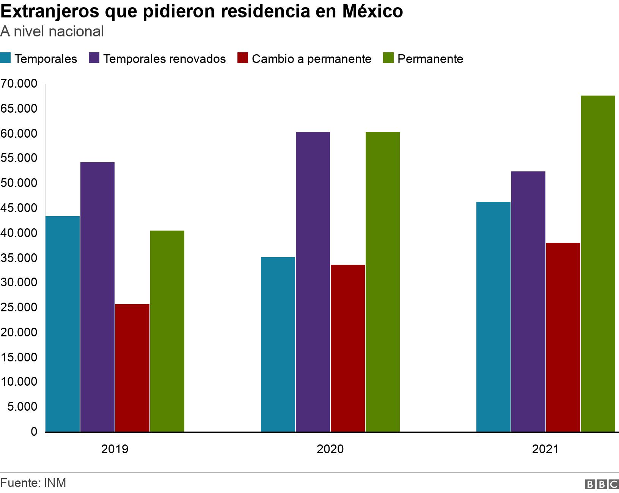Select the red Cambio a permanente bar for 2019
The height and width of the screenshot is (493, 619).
(132, 368)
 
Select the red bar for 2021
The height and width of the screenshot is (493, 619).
(563, 337)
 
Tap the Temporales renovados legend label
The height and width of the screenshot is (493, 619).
(164, 59)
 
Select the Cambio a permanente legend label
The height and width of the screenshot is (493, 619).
(311, 59)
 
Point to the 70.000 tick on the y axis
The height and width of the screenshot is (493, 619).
(19, 84)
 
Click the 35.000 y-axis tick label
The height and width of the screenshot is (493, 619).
(19, 258)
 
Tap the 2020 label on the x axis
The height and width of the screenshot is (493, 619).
(330, 449)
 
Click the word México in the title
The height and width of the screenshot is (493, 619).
(372, 11)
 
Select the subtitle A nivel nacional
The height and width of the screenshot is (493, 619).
(52, 31)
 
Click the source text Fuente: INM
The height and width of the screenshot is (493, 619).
(33, 483)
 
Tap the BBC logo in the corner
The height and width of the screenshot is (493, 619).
(602, 484)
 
